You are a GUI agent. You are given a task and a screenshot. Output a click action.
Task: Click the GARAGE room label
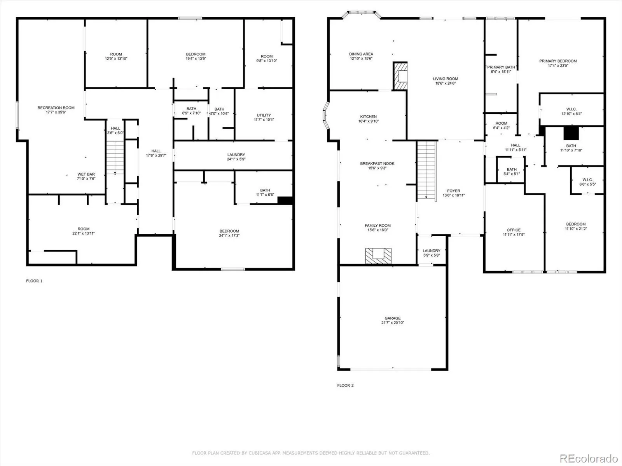(x=393, y=318)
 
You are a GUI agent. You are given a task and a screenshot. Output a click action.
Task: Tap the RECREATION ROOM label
(x=56, y=108)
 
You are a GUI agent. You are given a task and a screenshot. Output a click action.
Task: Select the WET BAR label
(x=86, y=174)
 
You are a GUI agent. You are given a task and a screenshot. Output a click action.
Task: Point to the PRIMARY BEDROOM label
(x=558, y=61)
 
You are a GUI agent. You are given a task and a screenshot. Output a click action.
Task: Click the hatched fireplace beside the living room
(x=400, y=76)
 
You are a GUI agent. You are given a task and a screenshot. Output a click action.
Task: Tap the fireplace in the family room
(x=378, y=256)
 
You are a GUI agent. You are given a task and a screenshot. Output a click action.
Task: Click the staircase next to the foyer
(x=427, y=170)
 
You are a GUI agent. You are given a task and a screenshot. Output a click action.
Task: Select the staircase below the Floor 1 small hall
(x=115, y=158)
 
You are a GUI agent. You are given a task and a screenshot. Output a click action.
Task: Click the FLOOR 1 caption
(x=34, y=281)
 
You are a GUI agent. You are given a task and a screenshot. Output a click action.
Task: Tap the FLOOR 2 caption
(x=345, y=385)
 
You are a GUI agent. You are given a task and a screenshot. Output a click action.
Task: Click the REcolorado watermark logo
(x=589, y=458)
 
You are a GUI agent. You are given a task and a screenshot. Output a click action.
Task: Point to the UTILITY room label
(x=264, y=115)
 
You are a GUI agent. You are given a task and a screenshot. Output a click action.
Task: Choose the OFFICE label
(x=514, y=230)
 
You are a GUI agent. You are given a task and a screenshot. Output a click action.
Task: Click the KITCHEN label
(x=369, y=116)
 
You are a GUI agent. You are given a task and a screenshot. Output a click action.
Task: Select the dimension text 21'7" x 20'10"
(x=393, y=323)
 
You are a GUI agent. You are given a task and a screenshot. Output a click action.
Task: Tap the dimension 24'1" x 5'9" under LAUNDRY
(x=236, y=159)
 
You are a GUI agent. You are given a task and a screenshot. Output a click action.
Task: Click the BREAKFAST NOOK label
(x=377, y=163)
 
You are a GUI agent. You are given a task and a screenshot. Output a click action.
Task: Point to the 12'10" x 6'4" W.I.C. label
(x=571, y=111)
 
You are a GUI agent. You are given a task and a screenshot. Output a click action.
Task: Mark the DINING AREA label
(x=361, y=54)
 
